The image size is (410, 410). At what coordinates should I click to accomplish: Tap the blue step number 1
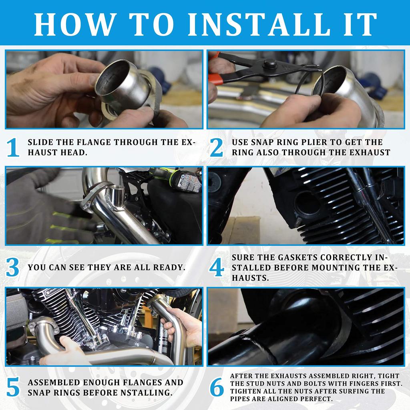(13, 147)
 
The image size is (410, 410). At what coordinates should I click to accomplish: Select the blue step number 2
(217, 147)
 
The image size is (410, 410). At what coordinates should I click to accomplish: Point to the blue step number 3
(12, 267)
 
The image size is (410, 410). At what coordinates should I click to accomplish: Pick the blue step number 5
(13, 387)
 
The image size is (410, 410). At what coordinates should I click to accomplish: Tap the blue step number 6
(217, 387)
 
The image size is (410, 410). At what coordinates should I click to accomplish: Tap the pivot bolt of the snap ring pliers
(270, 64)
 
